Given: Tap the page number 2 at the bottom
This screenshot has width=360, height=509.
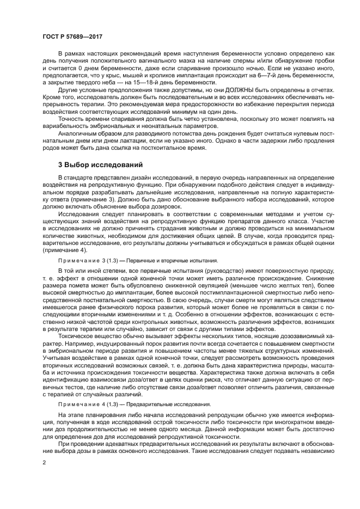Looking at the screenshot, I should point(44,462).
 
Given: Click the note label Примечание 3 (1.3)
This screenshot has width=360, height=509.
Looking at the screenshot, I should point(87,261).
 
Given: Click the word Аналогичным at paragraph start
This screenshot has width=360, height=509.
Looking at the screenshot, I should point(80,139).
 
